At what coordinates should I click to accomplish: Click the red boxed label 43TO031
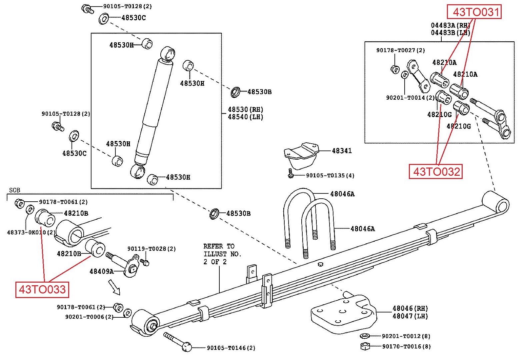click(x=474, y=12)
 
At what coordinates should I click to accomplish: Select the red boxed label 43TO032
click(x=436, y=172)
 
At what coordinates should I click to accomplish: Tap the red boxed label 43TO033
click(x=42, y=289)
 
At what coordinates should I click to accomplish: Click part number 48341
click(x=342, y=151)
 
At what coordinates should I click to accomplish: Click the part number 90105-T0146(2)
click(x=231, y=348)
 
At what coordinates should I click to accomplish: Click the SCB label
click(x=14, y=190)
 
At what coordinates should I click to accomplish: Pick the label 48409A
click(x=101, y=271)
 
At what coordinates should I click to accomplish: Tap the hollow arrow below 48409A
click(x=114, y=287)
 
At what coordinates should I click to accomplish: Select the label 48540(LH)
click(x=245, y=117)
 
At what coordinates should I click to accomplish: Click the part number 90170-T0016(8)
click(x=406, y=347)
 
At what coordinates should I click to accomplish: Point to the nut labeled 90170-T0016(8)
click(x=365, y=346)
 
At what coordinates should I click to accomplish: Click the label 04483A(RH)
click(x=450, y=25)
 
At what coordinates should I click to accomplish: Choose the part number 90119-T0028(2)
click(x=151, y=249)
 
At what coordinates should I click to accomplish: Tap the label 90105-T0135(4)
click(x=330, y=176)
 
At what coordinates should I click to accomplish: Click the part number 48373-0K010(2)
click(x=31, y=232)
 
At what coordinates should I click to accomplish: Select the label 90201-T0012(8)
click(x=406, y=336)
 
